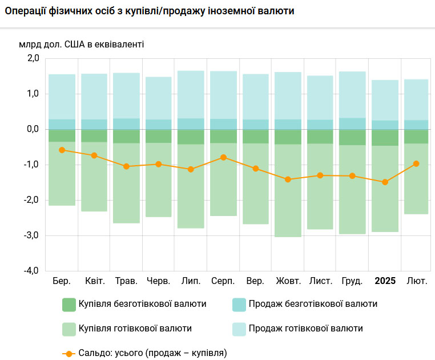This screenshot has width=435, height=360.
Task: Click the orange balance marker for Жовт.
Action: (x=288, y=179)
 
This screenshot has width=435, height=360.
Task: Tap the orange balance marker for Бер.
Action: (x=62, y=150)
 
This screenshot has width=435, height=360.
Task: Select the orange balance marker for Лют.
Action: (x=416, y=163)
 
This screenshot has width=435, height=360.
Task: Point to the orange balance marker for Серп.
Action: (x=223, y=157)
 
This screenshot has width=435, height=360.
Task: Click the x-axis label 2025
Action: (x=385, y=281)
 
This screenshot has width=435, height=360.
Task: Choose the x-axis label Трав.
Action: (x=126, y=281)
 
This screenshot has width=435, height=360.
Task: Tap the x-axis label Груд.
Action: (x=352, y=281)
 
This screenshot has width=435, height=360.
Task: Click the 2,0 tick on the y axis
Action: (x=32, y=58)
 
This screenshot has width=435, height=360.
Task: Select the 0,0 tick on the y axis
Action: (x=32, y=129)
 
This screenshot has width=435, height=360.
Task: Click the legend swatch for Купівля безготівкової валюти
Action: (x=69, y=305)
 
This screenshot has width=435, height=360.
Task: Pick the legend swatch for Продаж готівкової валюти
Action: (x=239, y=329)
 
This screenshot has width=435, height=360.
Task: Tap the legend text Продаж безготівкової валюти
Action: (x=313, y=304)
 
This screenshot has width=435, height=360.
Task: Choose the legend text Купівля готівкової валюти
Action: (x=135, y=329)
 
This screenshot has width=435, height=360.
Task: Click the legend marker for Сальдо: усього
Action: (x=69, y=353)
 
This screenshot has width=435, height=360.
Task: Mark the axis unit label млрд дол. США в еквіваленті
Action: (x=82, y=44)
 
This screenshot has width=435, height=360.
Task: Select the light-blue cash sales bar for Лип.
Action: (x=191, y=94)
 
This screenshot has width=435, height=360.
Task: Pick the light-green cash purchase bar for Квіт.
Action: (x=94, y=177)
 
